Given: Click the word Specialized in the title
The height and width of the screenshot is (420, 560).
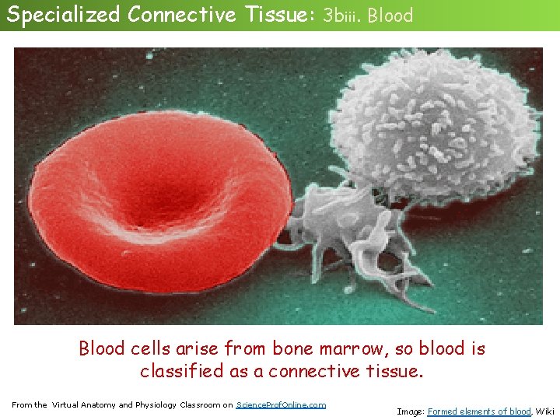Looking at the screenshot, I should pos(64,14).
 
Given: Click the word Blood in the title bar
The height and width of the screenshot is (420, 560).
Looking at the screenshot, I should pos(390,15).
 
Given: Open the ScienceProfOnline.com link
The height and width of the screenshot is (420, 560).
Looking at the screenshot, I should pos(281,404).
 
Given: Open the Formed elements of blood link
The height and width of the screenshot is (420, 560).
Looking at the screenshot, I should pos(479,411).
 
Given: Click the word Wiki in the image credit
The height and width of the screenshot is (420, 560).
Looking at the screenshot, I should pos(544,411).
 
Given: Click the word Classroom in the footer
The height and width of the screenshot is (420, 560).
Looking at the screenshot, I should pos(200,404).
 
